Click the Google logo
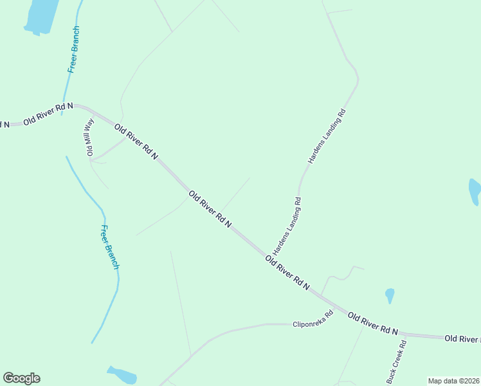click(x=21, y=378)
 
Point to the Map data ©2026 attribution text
click(x=453, y=381)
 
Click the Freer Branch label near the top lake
click(x=73, y=50)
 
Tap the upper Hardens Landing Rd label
click(x=327, y=134)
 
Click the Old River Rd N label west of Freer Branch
click(x=48, y=113)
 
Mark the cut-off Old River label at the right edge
click(x=462, y=338)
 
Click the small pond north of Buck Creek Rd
click(x=389, y=295)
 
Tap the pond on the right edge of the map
click(x=475, y=191)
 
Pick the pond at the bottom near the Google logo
click(x=122, y=374)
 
